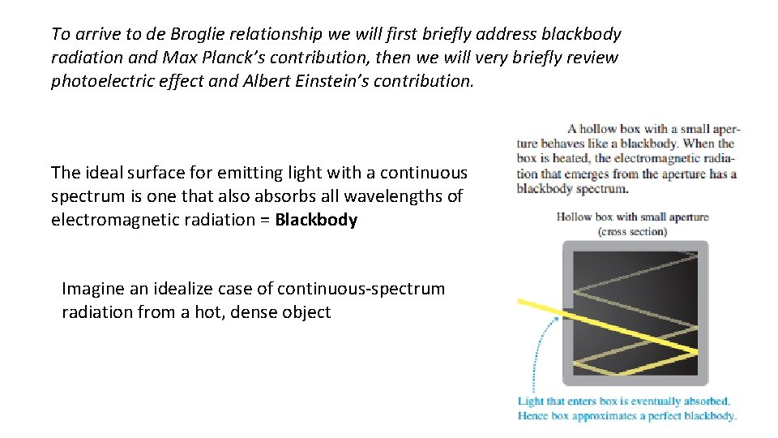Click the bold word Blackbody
pyautogui.click(x=316, y=220)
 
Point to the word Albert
pyautogui.click(x=267, y=81)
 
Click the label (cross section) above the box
pyautogui.click(x=632, y=231)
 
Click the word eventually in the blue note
pyautogui.click(x=652, y=401)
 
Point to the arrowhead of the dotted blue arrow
pyautogui.click(x=558, y=319)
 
